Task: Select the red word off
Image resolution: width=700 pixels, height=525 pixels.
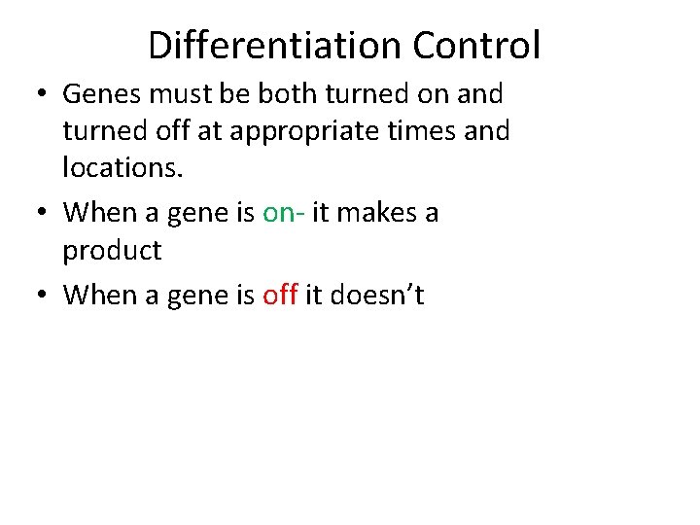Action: pos(280,296)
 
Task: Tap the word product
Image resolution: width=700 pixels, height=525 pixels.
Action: pos(112,251)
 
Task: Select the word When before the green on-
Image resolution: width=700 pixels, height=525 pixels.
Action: pos(102,213)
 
